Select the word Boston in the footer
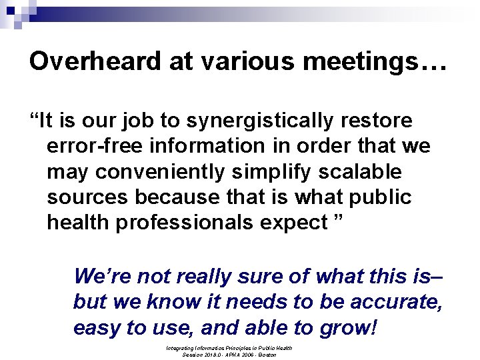click(267, 355)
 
